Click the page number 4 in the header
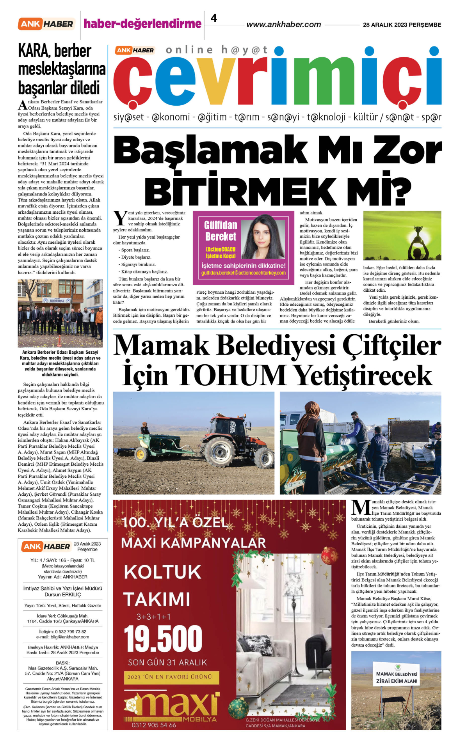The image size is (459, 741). coord(214,18)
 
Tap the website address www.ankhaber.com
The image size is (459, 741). coord(283,25)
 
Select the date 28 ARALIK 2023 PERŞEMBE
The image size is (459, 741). coord(402,25)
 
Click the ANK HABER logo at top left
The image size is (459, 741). coord(46,24)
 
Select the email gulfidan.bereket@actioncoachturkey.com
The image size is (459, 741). coord(243,273)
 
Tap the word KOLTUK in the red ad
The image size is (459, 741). coord(162,572)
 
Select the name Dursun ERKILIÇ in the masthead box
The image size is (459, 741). coord(63,595)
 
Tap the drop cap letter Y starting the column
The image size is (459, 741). coord(120,218)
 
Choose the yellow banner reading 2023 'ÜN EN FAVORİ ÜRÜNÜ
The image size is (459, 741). coord(171,677)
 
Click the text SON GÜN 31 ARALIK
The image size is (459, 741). coord(167,662)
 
